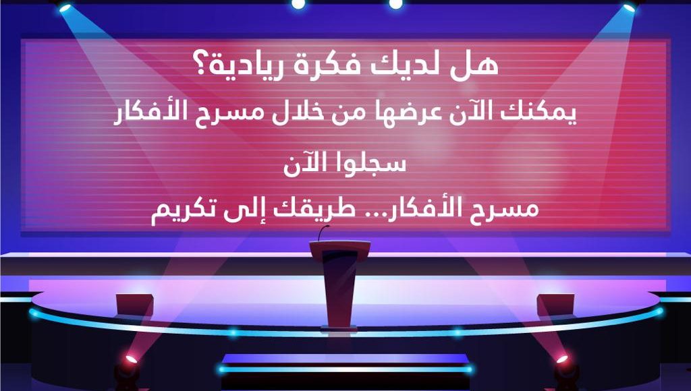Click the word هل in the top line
click(x=480, y=65)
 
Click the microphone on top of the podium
click(x=323, y=233)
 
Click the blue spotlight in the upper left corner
click(x=65, y=7)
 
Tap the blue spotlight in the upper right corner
click(x=629, y=6)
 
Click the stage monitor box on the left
click(x=135, y=305)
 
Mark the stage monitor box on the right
click(x=556, y=305)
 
